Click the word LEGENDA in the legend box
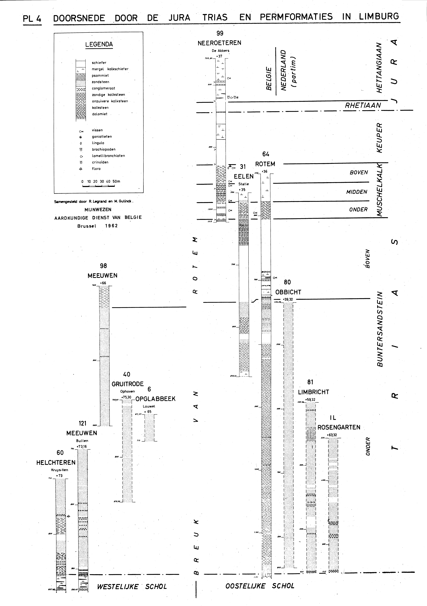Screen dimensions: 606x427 [x=99, y=44]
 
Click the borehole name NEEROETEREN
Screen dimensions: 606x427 [x=219, y=43]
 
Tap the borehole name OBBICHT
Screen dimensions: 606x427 [x=288, y=292]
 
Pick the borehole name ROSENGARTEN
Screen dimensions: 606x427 [x=339, y=427]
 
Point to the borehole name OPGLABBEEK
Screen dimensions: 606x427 [x=156, y=399]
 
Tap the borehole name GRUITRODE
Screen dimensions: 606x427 [x=128, y=384]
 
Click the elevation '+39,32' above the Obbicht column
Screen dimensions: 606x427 [x=288, y=299]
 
